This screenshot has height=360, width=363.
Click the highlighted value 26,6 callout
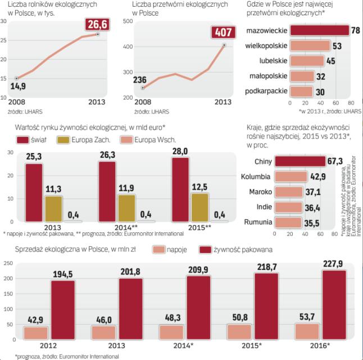[97, 24]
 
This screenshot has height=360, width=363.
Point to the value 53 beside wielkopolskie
[337, 44]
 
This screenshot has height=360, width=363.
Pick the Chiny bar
[307, 162]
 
